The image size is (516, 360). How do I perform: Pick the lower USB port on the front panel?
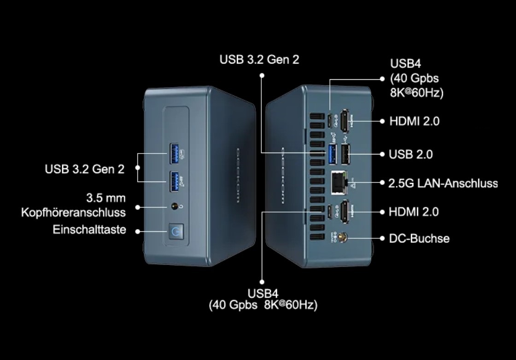point(174,181)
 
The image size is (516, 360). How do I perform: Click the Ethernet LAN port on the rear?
point(339,182)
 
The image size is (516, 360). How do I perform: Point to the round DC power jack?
point(342,238)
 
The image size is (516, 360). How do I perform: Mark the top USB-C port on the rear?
point(330,120)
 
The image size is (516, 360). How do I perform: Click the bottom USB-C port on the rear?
point(330,211)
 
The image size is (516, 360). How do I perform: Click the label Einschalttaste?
point(89,230)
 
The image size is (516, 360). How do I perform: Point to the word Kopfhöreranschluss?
point(73,212)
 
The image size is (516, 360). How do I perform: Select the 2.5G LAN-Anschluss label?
point(443,183)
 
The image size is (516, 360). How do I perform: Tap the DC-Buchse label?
point(419,238)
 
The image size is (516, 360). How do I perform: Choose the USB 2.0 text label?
point(411,154)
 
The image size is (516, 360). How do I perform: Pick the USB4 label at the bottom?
point(263,294)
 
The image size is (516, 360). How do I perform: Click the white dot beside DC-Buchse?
point(382,238)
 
